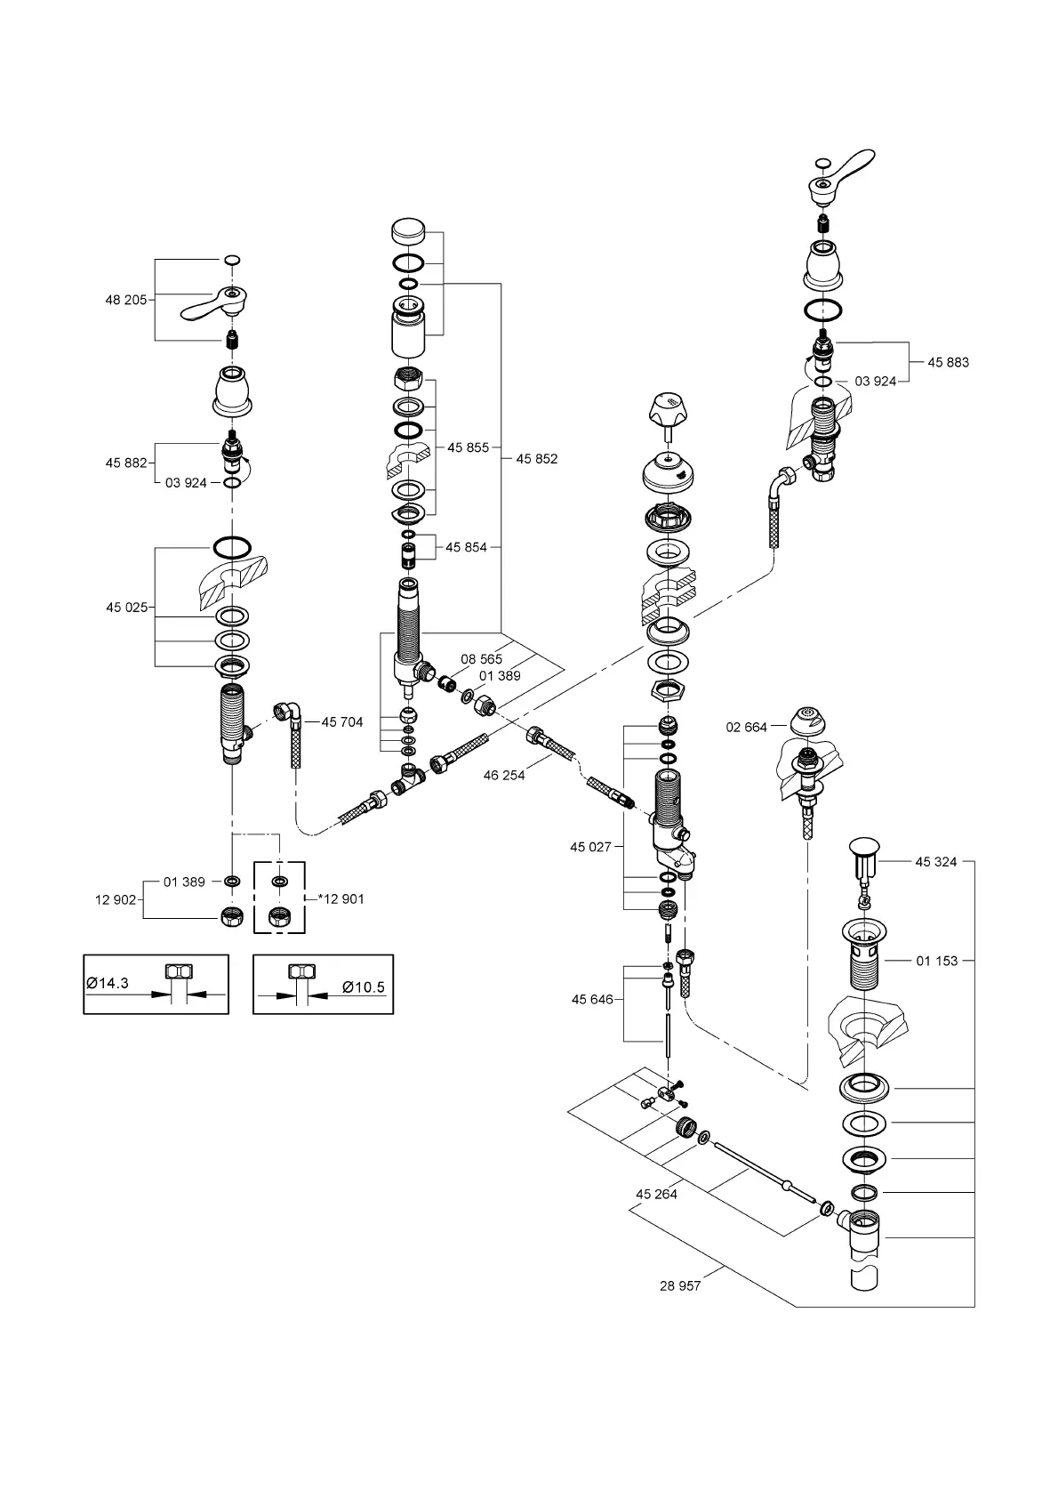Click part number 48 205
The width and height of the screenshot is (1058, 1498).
[126, 301]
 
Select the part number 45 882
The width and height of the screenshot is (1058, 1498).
[126, 463]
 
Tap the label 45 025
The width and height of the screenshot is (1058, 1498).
[126, 608]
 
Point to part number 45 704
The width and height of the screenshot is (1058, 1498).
[342, 722]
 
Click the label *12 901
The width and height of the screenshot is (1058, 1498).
[341, 899]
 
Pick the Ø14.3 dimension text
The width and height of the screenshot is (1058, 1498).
[108, 983]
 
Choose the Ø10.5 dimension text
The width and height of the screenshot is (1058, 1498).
[365, 987]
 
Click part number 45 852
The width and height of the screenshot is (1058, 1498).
[537, 459]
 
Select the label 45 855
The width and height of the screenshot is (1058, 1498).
[468, 448]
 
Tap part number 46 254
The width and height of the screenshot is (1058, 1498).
[504, 776]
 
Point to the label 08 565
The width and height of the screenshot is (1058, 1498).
[481, 659]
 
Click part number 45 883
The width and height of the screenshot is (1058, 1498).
[948, 363]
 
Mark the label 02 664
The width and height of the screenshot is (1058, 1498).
[746, 728]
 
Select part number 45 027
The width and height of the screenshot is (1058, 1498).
[590, 847]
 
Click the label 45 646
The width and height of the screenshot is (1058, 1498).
[592, 1000]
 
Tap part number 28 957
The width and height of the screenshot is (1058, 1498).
[680, 1286]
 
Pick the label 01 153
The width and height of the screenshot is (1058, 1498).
[937, 961]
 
